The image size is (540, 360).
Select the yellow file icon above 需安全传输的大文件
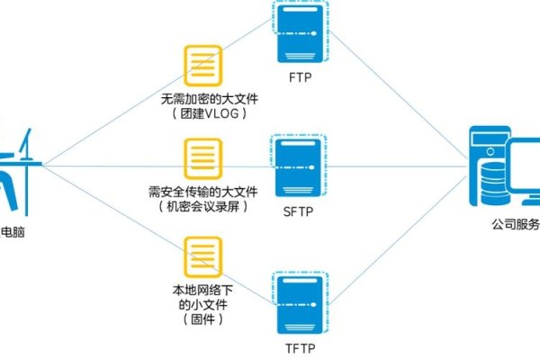202,159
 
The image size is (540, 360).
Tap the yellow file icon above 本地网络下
202,257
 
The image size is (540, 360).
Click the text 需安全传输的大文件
202,192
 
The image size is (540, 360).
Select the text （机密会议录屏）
202,206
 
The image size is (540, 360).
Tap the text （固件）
202,319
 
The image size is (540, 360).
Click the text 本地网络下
202,291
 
